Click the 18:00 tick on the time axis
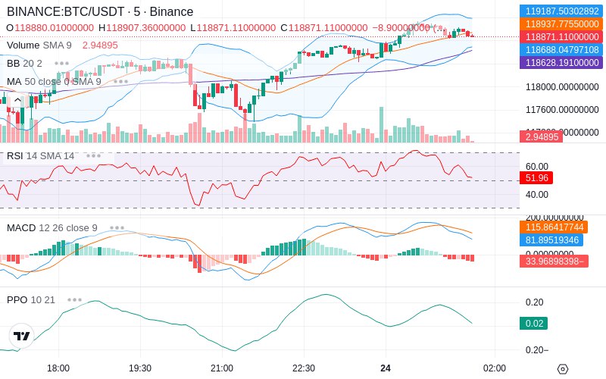(x=58, y=368)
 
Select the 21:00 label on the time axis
(x=221, y=368)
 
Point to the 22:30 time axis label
(x=303, y=368)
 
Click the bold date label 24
(x=385, y=368)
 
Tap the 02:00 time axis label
(x=494, y=368)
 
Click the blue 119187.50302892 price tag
(x=561, y=11)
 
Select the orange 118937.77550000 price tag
(x=561, y=24)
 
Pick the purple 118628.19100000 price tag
(x=561, y=62)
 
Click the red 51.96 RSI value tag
(x=537, y=178)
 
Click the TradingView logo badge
(x=22, y=336)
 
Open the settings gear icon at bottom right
(x=562, y=368)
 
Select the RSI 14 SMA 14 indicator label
(x=40, y=155)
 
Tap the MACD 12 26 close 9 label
(x=52, y=227)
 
